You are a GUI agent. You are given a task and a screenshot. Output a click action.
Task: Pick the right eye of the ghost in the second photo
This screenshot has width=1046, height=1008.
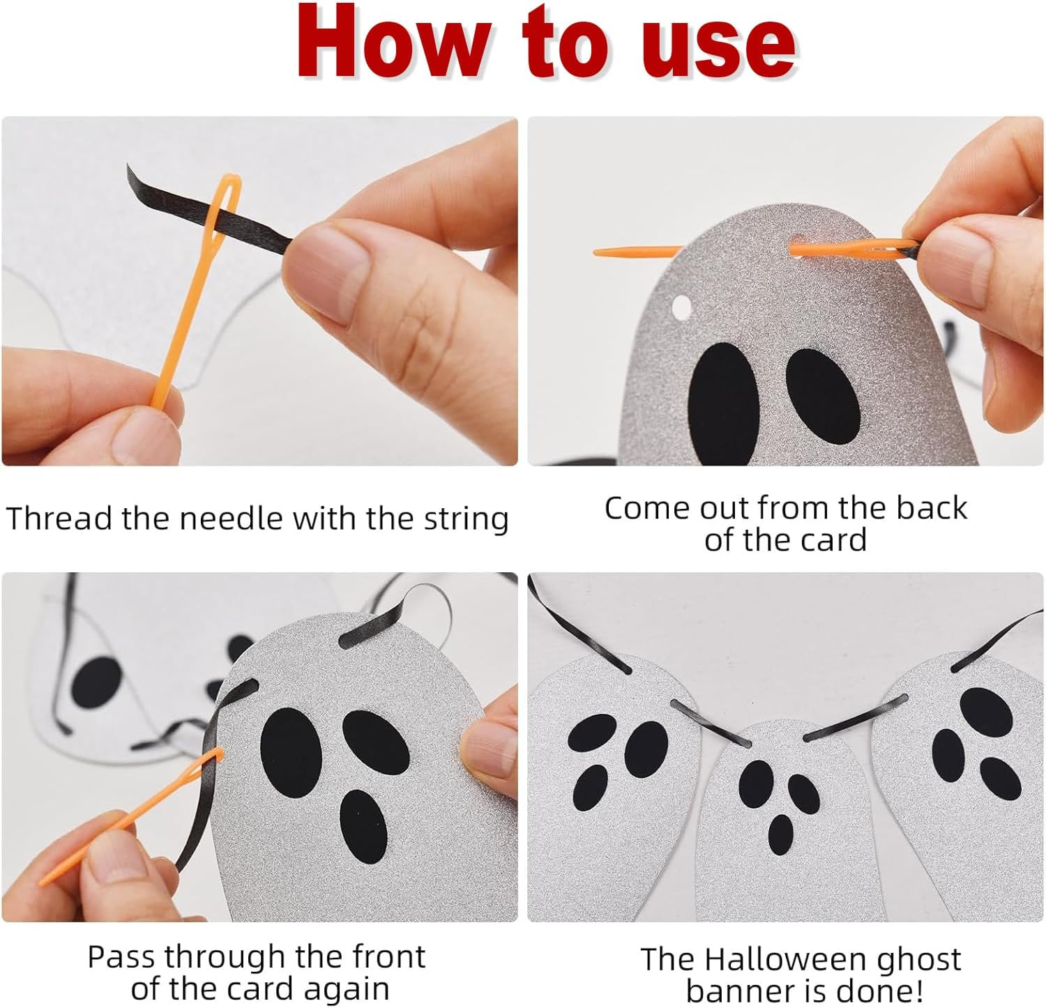(x=823, y=395)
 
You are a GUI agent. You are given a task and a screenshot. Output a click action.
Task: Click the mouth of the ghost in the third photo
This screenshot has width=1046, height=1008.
(x=363, y=826)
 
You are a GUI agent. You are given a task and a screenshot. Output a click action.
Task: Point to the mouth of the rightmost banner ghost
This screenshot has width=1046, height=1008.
(x=1000, y=779)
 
